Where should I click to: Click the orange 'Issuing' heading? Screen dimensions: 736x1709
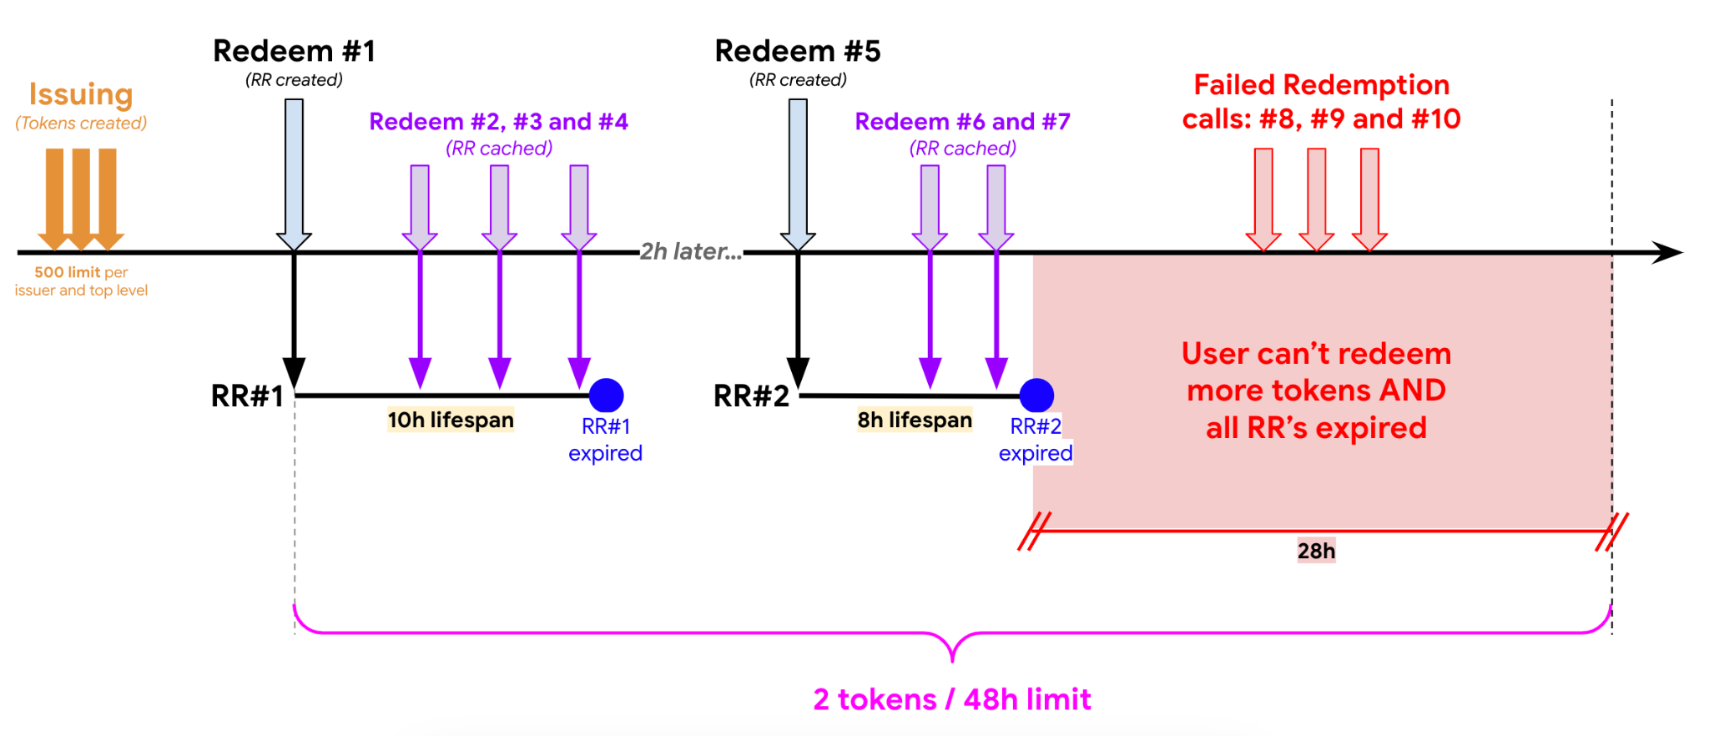tap(81, 94)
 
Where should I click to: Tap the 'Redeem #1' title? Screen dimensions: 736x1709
tap(294, 51)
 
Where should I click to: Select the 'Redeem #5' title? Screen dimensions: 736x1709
tap(798, 51)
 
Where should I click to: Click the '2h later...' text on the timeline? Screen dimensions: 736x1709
tap(690, 251)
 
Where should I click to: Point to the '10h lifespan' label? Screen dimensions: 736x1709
tap(451, 420)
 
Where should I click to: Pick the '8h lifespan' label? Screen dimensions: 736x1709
tap(915, 420)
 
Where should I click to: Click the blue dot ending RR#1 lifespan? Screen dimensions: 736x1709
tap(606, 395)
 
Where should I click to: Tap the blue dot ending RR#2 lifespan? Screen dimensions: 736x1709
tap(1036, 395)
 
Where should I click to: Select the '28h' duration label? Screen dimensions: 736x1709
tap(1316, 551)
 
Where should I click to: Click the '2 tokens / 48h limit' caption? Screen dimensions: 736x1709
tap(952, 699)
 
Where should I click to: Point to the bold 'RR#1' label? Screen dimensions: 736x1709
tap(247, 396)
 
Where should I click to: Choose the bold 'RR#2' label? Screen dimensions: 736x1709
tap(751, 396)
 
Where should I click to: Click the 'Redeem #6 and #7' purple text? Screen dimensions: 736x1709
tap(962, 122)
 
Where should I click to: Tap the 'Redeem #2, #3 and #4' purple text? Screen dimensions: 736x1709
tap(498, 122)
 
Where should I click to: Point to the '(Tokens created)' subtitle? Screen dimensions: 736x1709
tap(81, 124)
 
